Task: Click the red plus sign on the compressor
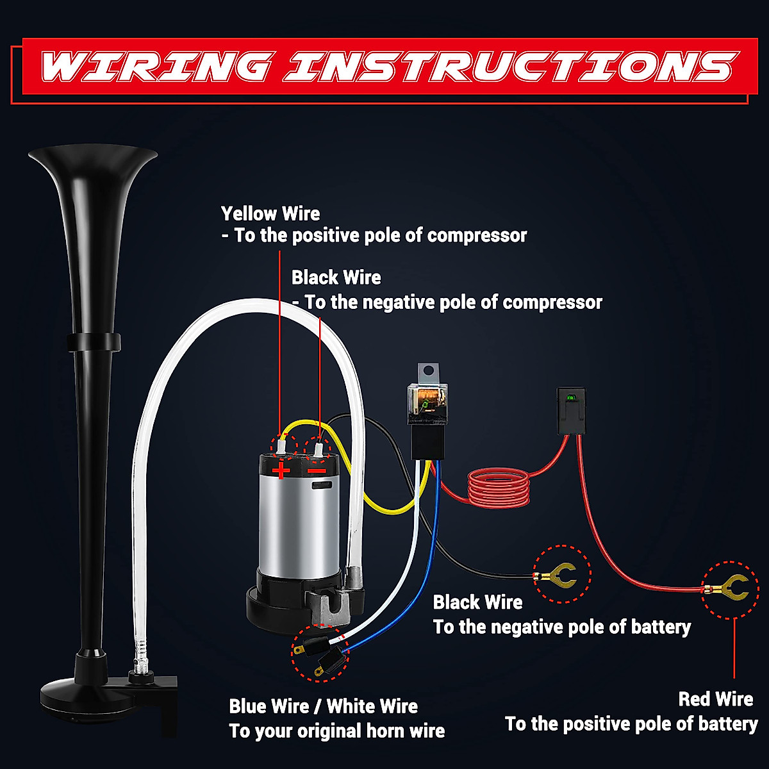[x=281, y=472]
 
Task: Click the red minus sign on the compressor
[x=317, y=471]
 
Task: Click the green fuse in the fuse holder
[x=570, y=398]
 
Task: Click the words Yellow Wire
[x=270, y=213]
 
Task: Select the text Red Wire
[x=715, y=699]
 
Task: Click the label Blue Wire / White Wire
[x=323, y=706]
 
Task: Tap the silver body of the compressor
[x=298, y=519]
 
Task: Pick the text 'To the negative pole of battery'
[x=561, y=627]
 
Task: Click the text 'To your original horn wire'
[x=336, y=731]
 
